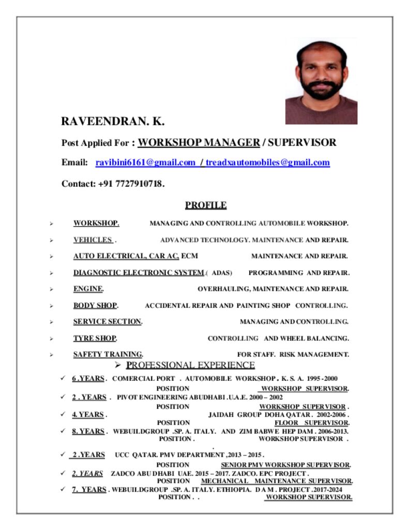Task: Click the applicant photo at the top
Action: (x=321, y=82)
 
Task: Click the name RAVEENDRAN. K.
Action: (x=113, y=122)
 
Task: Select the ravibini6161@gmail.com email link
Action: (x=145, y=163)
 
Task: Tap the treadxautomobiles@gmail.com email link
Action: (x=267, y=163)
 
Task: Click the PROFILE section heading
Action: (x=206, y=205)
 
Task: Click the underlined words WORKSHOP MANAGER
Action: (x=199, y=142)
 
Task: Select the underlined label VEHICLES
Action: (x=93, y=240)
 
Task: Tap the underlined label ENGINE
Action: (x=88, y=289)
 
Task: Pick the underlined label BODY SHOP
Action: (x=95, y=305)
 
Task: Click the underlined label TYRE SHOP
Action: (x=95, y=338)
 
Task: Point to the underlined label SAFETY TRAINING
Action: (x=108, y=355)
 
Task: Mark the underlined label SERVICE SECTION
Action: (x=107, y=322)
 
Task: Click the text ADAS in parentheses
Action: (x=221, y=273)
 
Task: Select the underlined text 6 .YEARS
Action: (x=88, y=378)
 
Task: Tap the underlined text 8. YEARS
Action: (x=88, y=431)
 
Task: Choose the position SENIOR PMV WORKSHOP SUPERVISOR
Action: (x=285, y=465)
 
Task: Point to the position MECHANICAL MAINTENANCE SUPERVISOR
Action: (x=277, y=481)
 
